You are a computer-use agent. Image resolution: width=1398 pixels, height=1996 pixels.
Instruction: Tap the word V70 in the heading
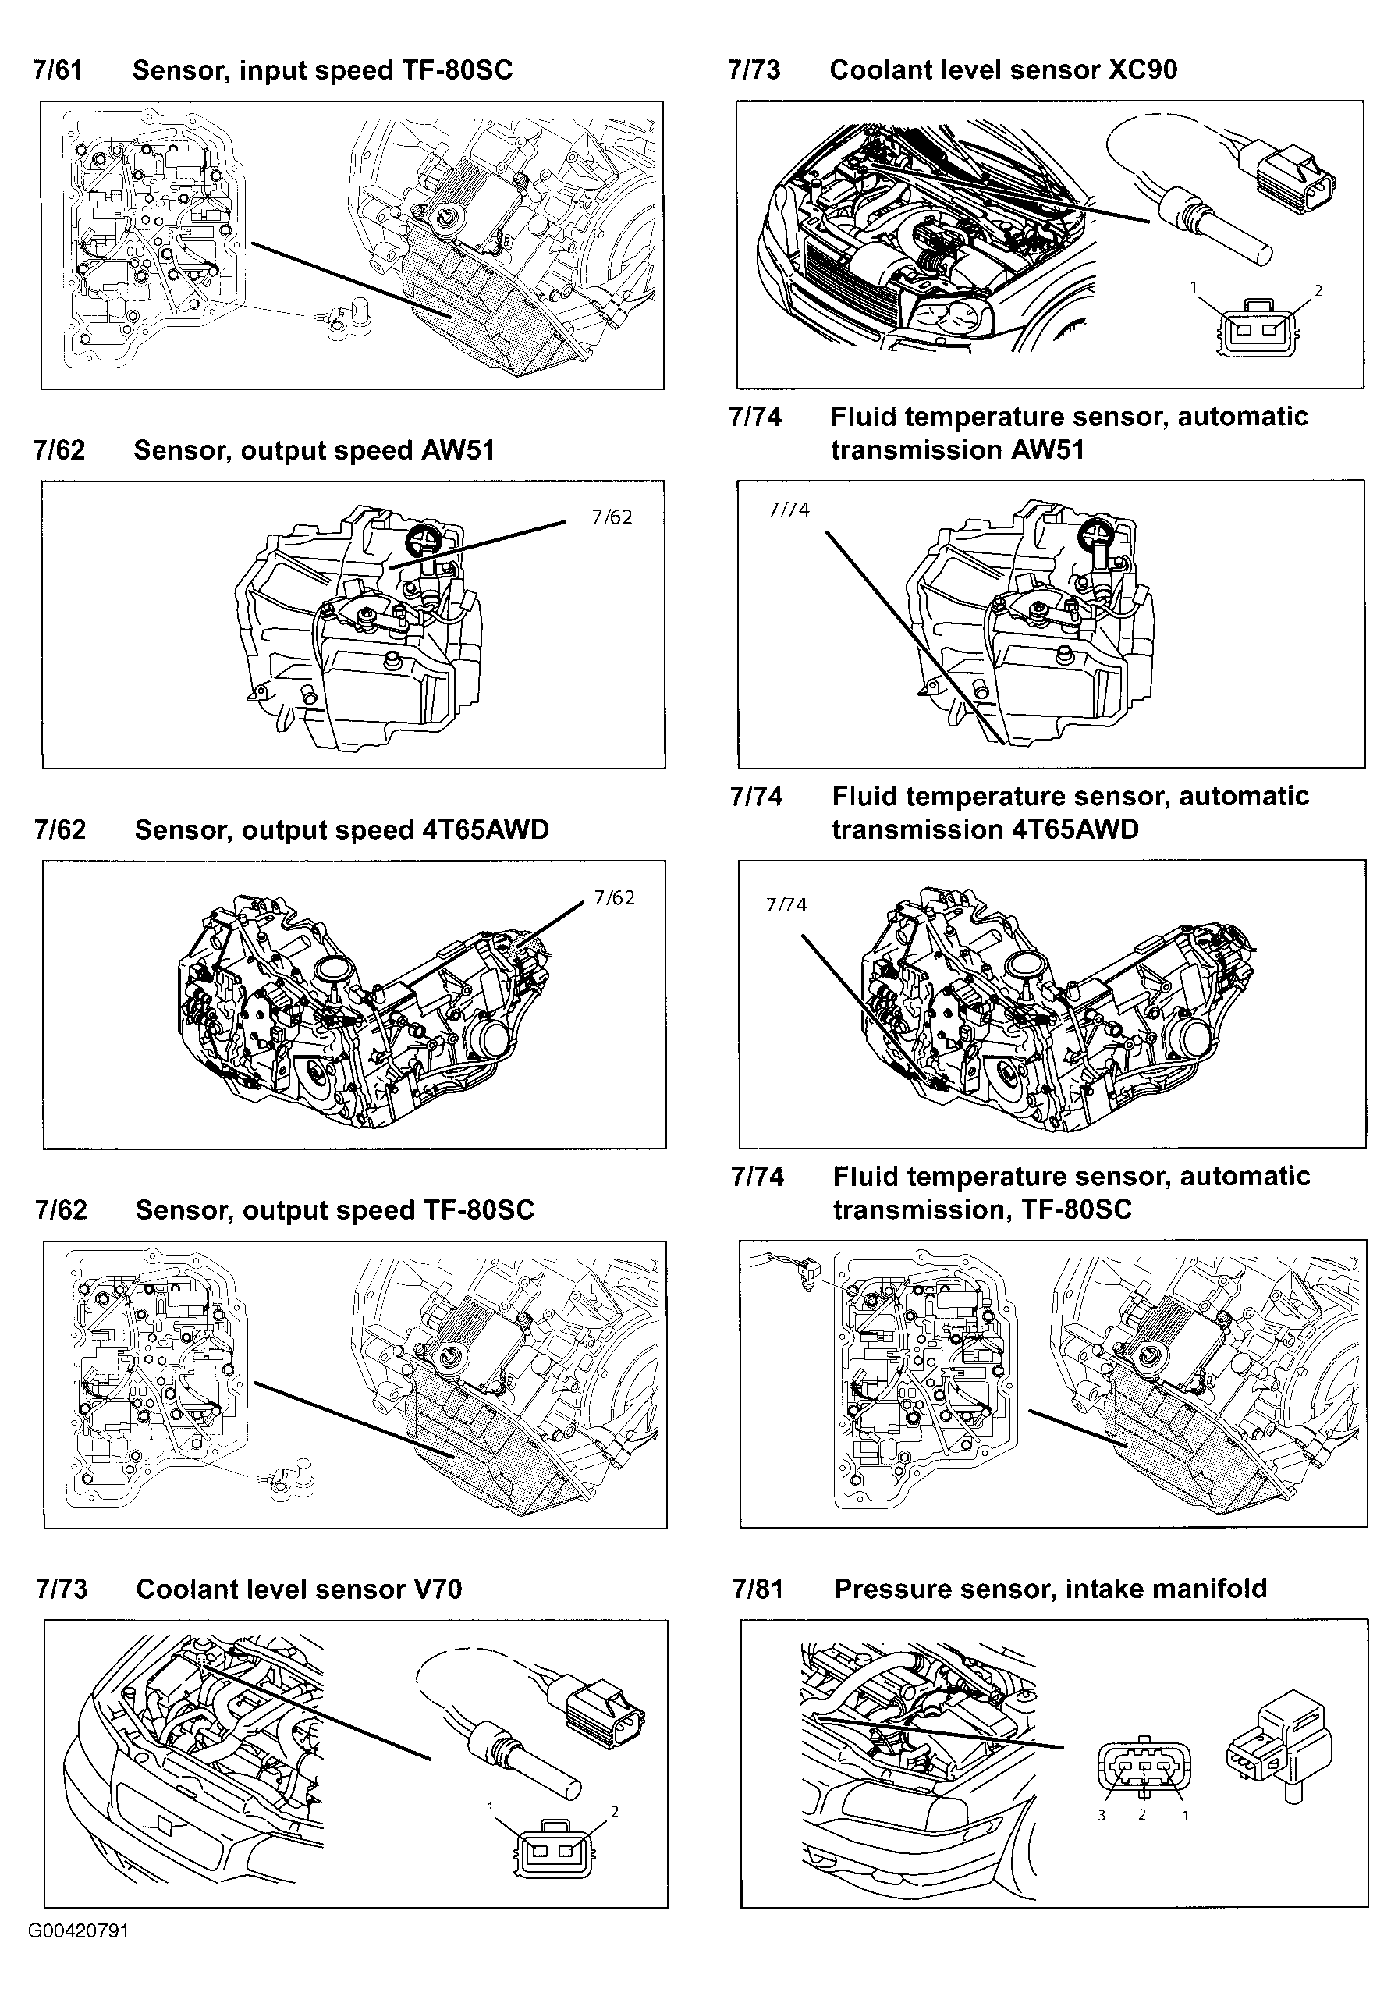[433, 1590]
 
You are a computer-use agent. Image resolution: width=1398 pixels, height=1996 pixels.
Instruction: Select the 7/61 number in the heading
[58, 70]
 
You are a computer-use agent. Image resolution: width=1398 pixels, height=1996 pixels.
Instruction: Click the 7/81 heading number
[758, 1589]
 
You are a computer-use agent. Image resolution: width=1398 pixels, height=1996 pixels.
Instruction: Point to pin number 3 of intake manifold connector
[1101, 1815]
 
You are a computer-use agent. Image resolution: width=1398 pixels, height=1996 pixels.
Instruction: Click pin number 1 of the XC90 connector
[1194, 287]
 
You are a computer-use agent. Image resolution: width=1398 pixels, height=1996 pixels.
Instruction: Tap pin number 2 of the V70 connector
[614, 1812]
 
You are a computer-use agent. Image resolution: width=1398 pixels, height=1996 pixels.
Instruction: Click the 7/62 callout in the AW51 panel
[612, 517]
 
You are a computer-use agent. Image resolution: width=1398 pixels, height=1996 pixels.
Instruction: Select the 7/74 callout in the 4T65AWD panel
[786, 905]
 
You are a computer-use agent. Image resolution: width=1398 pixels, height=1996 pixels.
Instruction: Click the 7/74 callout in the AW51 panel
[789, 510]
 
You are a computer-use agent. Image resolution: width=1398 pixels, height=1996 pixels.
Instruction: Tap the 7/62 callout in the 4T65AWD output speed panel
[614, 898]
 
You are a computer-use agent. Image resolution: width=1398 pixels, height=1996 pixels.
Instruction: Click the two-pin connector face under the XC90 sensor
[1257, 329]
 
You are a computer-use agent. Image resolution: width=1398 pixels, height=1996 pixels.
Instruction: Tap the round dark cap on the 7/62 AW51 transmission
[425, 538]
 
